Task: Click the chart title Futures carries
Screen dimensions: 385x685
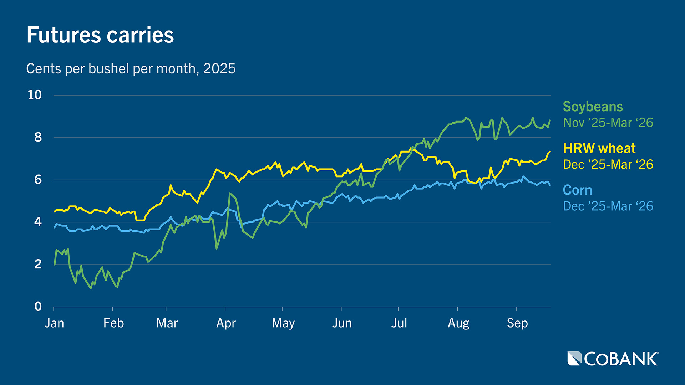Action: (100, 35)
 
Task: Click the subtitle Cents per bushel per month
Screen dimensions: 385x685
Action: (131, 68)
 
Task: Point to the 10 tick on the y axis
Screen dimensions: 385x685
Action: (35, 95)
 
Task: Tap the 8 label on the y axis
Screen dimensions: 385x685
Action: (38, 137)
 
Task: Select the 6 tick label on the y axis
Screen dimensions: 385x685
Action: (38, 180)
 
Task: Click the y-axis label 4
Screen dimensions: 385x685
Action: (38, 222)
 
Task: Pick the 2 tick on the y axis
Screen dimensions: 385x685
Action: (38, 264)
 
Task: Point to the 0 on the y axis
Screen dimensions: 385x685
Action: (38, 307)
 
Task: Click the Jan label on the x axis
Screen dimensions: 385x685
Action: (54, 323)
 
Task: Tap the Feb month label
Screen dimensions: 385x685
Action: (113, 323)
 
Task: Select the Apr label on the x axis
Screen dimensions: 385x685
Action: (226, 323)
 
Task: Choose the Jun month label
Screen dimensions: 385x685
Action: (342, 323)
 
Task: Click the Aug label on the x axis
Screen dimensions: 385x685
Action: (458, 323)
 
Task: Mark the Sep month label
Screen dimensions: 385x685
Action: (517, 323)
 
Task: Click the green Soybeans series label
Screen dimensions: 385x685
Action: (593, 107)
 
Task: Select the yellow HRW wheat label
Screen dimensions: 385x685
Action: (599, 148)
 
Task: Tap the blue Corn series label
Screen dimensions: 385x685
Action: (577, 190)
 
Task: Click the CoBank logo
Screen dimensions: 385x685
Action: (613, 359)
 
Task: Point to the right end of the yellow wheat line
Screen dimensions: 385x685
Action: (550, 152)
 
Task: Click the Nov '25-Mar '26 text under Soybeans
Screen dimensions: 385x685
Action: (608, 123)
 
